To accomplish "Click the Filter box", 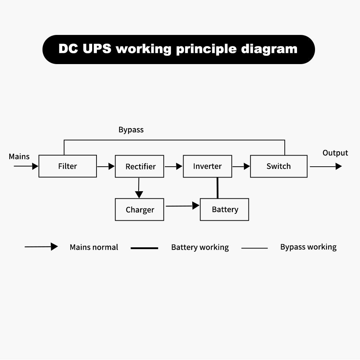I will coord(68,166).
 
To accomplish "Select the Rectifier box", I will coord(140,166).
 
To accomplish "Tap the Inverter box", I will coord(207,166).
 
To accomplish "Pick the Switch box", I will coord(279,166).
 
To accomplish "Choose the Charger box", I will coord(140,210).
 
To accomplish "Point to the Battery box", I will coord(225,210).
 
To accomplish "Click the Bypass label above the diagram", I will coord(131,130).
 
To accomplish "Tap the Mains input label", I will coord(19,157).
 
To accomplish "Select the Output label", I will coord(335,153).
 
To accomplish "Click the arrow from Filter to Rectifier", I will coord(106,166).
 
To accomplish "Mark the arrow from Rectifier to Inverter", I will coord(174,166).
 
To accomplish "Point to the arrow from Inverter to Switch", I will coord(241,166).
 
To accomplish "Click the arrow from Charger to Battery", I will coord(182,206).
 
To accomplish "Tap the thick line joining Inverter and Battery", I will coord(217,188).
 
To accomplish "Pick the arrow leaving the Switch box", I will coord(325,166).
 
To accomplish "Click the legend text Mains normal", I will coord(94,247).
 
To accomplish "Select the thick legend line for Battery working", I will coord(144,248).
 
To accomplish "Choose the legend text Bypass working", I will coord(308,247).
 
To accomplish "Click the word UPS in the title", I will coord(97,49).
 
